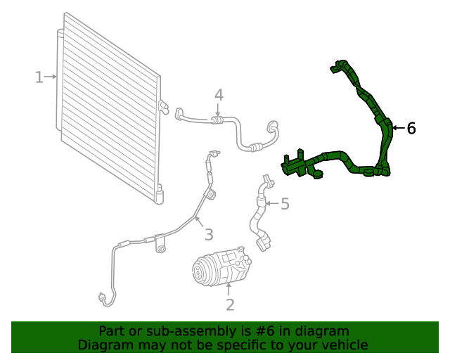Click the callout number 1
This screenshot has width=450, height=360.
39,77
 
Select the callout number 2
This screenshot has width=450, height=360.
229,304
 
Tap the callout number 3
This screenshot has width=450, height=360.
208,234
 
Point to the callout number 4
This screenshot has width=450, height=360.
219,94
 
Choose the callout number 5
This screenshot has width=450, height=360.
285,204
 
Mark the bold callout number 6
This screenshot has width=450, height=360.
411,128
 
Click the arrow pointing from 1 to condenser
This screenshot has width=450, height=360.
52,76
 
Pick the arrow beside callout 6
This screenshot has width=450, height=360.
397,128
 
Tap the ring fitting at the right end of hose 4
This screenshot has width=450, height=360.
272,127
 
